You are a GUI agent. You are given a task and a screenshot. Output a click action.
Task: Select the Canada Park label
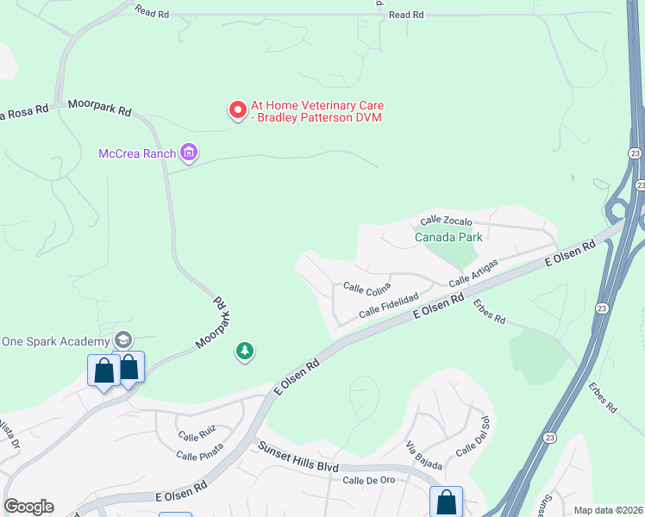448,237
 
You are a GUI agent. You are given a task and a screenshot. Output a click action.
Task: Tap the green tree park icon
246,351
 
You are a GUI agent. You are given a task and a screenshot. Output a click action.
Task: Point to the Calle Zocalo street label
446,221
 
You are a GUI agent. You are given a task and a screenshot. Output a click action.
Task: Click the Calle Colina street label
366,287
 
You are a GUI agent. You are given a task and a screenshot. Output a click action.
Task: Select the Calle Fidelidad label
389,304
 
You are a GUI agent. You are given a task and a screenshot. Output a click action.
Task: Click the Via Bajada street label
424,457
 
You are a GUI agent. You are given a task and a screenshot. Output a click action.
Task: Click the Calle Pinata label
199,451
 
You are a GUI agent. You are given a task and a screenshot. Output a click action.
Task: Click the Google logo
28,507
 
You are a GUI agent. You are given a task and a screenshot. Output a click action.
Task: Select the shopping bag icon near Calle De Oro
446,501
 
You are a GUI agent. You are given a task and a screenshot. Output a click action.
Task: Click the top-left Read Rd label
153,10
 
